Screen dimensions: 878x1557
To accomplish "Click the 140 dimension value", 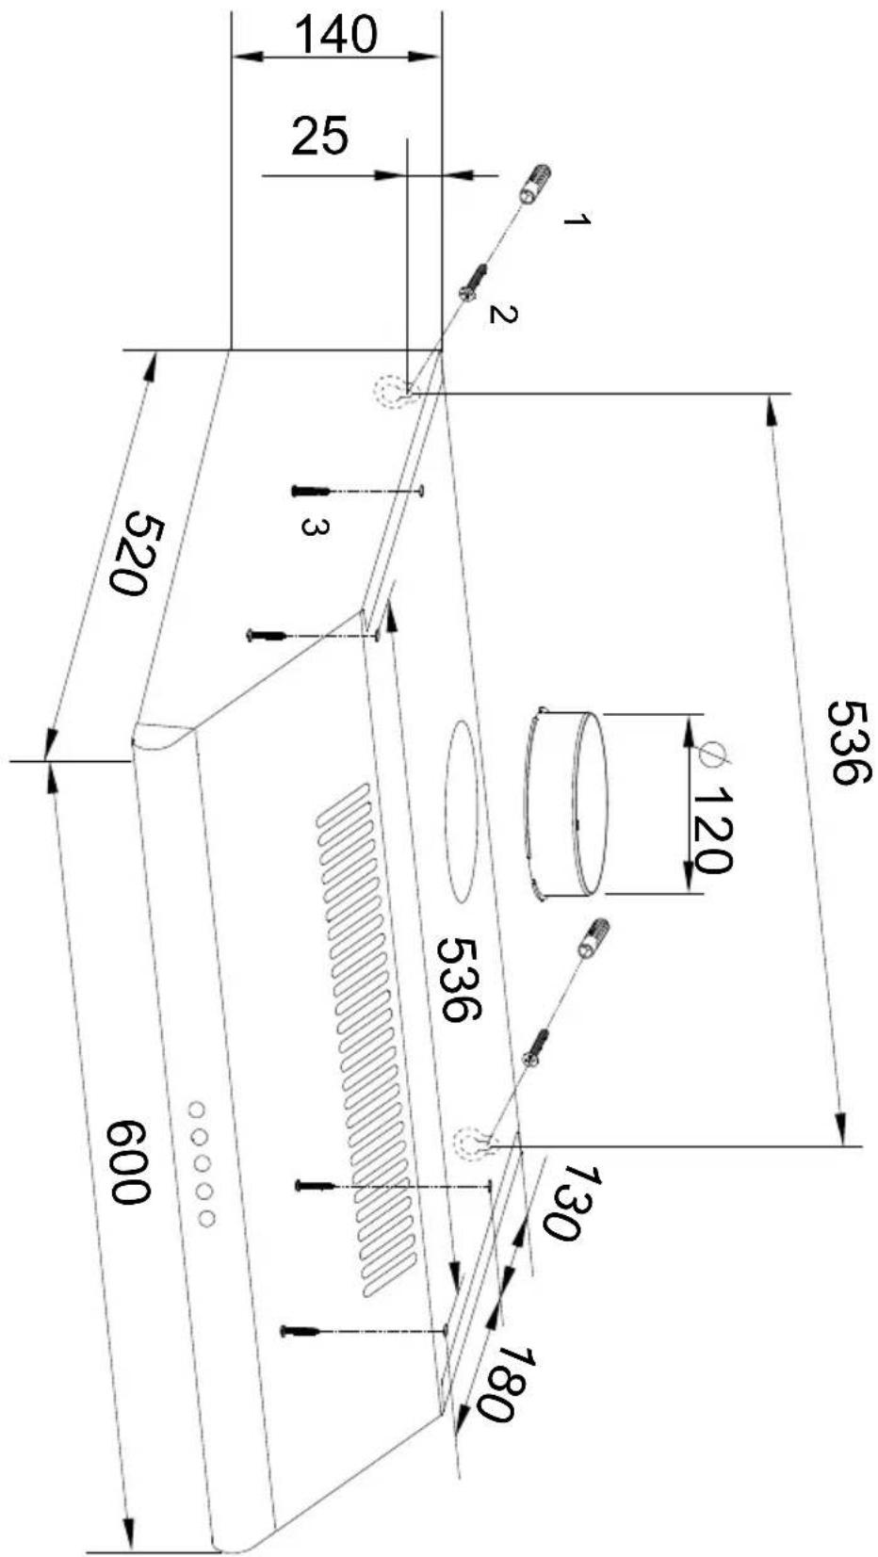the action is point(335,35).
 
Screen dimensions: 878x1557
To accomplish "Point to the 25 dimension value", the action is point(319,136).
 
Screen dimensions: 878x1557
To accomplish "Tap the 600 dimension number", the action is point(129,1161).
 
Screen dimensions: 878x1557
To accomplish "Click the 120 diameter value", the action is point(709,830).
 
